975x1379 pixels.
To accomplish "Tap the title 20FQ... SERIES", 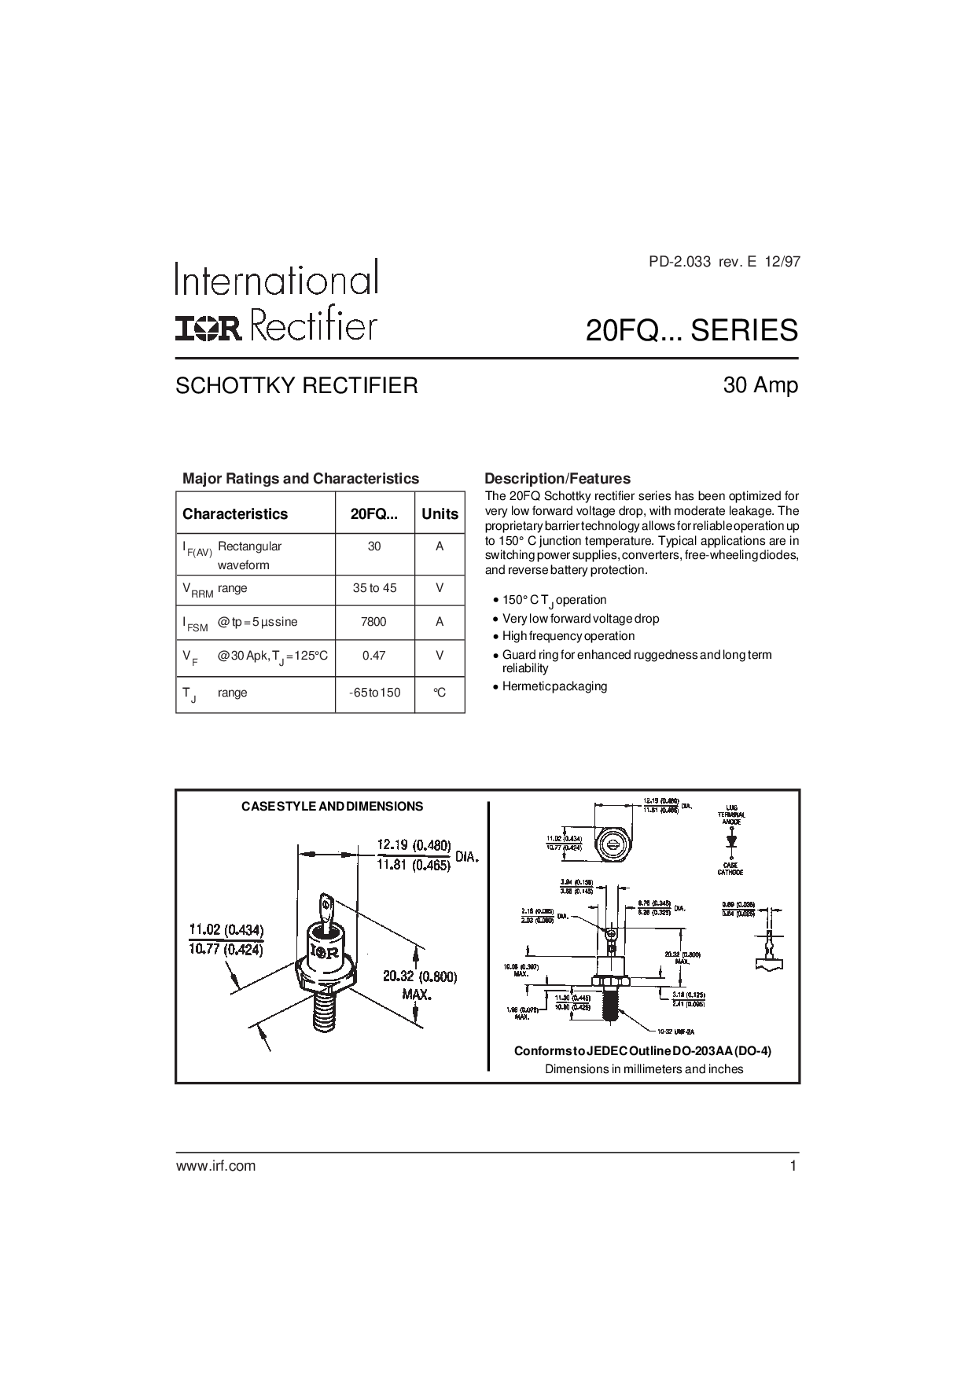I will (692, 331).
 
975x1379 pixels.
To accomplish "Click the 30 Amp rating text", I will (760, 385).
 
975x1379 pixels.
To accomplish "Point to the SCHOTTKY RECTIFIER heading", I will (296, 386).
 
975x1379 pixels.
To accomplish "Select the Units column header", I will (440, 514).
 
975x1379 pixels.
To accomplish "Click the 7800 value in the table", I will (373, 622).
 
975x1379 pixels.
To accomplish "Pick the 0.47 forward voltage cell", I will (373, 655).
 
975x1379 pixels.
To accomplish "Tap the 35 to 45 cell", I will (374, 588).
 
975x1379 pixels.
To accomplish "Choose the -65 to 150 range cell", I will (374, 693).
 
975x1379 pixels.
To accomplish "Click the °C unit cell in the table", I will (440, 693).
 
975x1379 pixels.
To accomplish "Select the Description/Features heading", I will (557, 478).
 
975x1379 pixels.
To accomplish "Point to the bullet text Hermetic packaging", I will (555, 686).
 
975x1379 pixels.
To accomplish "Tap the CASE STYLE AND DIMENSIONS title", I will (332, 807).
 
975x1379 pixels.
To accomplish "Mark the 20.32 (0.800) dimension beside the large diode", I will (420, 976).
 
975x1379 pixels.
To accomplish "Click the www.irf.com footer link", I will (215, 1166).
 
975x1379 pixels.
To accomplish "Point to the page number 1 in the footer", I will (793, 1166).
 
